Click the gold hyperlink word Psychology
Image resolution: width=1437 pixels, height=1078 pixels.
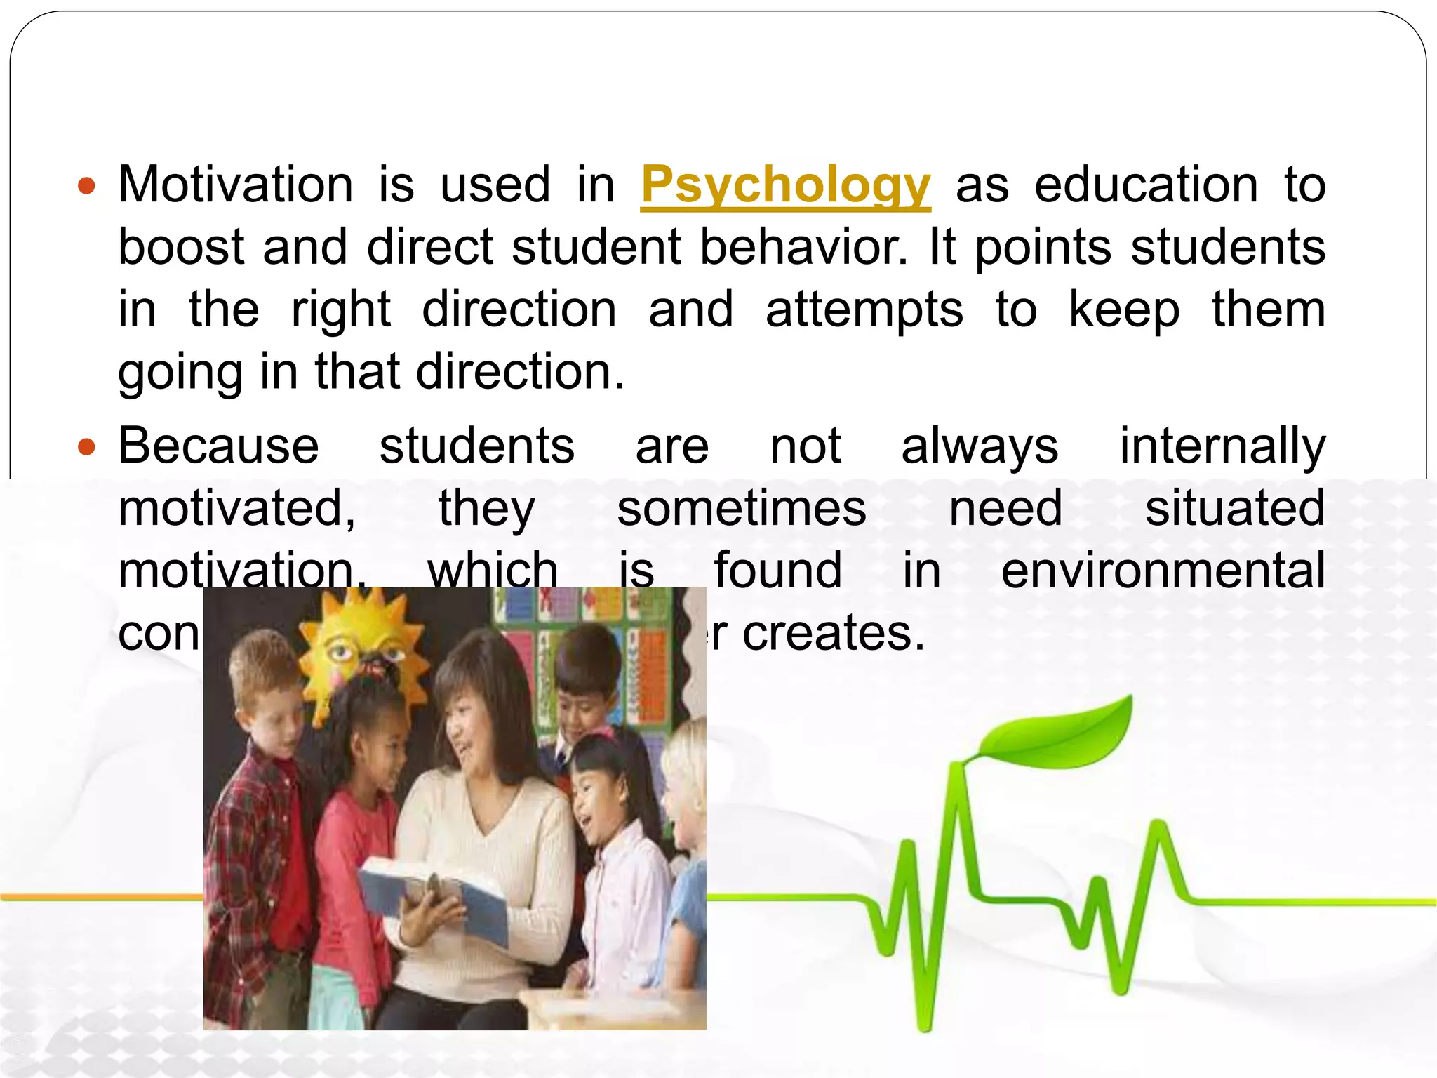(785, 185)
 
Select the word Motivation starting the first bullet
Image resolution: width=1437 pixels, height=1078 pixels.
(235, 185)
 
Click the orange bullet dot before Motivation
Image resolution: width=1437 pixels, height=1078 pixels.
(86, 187)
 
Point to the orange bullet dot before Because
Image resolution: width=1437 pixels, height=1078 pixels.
(86, 447)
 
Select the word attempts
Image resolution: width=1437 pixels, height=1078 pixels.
(864, 310)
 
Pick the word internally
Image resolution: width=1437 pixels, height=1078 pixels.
(1222, 447)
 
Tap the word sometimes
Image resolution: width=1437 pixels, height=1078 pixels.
(741, 508)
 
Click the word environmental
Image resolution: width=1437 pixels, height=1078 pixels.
(1163, 570)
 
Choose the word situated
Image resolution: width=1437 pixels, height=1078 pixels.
(1234, 508)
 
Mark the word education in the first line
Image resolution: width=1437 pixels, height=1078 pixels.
(1146, 185)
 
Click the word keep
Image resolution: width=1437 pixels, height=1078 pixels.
(1123, 310)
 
